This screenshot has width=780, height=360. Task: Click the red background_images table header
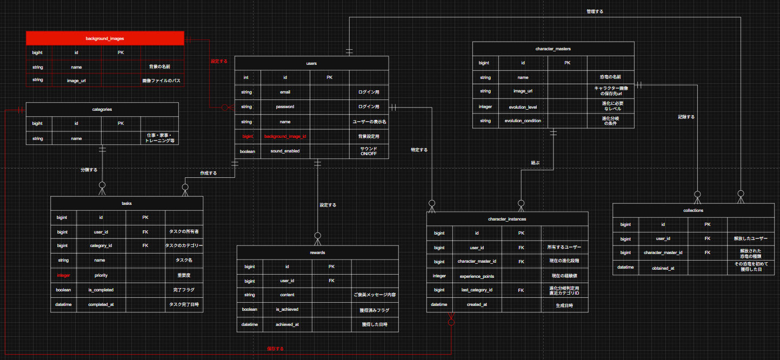(105, 38)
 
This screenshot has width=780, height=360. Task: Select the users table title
(311, 63)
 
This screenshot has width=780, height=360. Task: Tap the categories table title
(102, 109)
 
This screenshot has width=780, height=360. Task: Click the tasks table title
(126, 203)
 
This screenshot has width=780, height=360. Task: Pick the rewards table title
(318, 252)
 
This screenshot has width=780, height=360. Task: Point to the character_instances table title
(507, 219)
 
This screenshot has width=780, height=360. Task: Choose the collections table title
(694, 210)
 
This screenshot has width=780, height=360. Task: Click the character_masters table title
(553, 49)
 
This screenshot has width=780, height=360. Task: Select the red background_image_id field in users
(285, 136)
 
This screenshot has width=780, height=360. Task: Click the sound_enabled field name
(285, 151)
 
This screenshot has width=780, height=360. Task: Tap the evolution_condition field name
(523, 121)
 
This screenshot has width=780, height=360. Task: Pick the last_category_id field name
(476, 290)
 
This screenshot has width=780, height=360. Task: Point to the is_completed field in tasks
(101, 290)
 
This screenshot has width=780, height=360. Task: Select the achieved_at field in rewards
(287, 324)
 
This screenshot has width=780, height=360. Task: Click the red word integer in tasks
(63, 275)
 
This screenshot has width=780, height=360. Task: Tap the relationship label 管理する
(595, 11)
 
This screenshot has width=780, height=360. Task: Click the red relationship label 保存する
(275, 349)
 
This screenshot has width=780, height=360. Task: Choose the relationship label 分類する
(89, 170)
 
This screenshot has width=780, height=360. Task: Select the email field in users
(285, 92)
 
